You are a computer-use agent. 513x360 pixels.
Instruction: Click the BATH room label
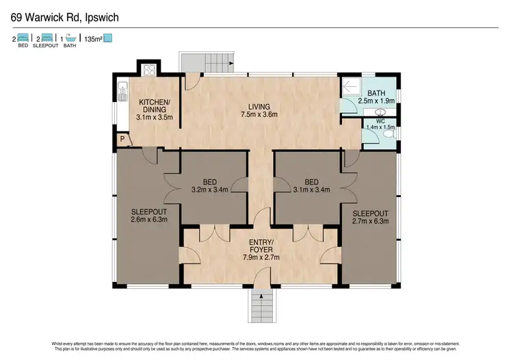(x=377, y=93)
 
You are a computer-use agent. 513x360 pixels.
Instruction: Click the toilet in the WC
(x=389, y=135)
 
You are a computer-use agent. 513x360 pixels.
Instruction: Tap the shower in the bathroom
(x=352, y=87)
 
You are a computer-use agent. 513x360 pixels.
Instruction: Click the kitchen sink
(x=123, y=91)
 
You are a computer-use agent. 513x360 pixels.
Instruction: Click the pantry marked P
(x=122, y=139)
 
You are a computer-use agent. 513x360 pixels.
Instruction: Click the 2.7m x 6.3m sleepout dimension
(x=369, y=221)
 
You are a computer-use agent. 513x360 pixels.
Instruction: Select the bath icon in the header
(x=71, y=38)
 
